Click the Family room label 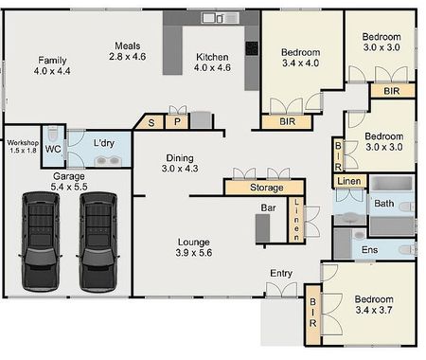pos(53,64)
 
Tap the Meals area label pos(129,51)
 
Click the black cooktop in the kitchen pos(252,48)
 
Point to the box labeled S pos(150,121)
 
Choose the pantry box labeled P pos(176,121)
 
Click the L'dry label pos(104,142)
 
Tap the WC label pos(53,149)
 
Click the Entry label pos(281,274)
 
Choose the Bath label pos(383,204)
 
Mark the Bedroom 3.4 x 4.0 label pos(301,59)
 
